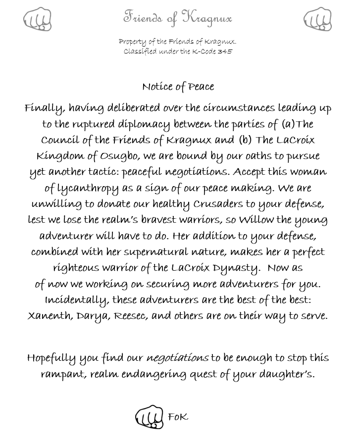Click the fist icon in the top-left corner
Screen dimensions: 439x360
click(x=37, y=19)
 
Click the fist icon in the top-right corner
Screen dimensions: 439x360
click(x=317, y=19)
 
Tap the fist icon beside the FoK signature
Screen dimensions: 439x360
click(x=149, y=417)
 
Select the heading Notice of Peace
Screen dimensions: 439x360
click(x=178, y=87)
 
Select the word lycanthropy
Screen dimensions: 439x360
click(x=88, y=189)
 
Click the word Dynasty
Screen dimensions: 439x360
click(x=239, y=268)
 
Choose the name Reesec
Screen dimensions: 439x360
click(x=131, y=316)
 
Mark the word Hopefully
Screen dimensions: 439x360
click(x=51, y=358)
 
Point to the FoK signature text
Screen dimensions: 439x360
click(x=178, y=417)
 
